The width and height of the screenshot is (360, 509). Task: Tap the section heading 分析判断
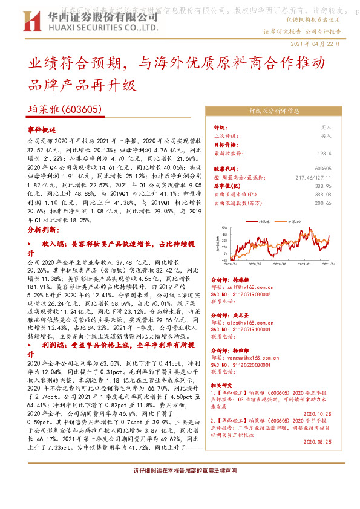click(x=42, y=230)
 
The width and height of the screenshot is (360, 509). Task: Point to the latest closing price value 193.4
click(x=324, y=154)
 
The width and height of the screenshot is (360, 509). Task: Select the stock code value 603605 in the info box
click(x=323, y=169)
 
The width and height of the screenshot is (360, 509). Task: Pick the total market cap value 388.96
click(x=323, y=186)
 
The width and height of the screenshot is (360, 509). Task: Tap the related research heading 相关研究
click(x=223, y=384)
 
